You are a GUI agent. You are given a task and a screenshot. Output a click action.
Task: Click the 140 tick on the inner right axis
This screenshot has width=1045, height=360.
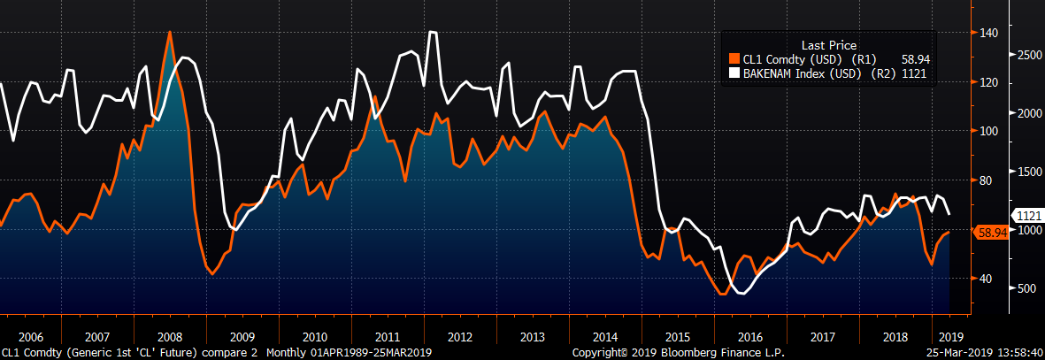pos(988,34)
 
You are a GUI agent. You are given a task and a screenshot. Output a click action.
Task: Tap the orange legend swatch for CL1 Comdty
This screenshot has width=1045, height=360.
pos(734,59)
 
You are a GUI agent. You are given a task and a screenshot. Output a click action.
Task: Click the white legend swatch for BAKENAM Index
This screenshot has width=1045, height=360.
pos(734,73)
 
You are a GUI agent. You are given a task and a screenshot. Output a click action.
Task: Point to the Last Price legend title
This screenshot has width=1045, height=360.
pos(828,45)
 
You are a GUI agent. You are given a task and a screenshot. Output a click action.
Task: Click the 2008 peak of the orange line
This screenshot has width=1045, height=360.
pos(169,33)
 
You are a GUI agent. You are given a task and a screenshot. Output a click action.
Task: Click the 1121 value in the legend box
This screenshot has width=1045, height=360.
pos(914,73)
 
